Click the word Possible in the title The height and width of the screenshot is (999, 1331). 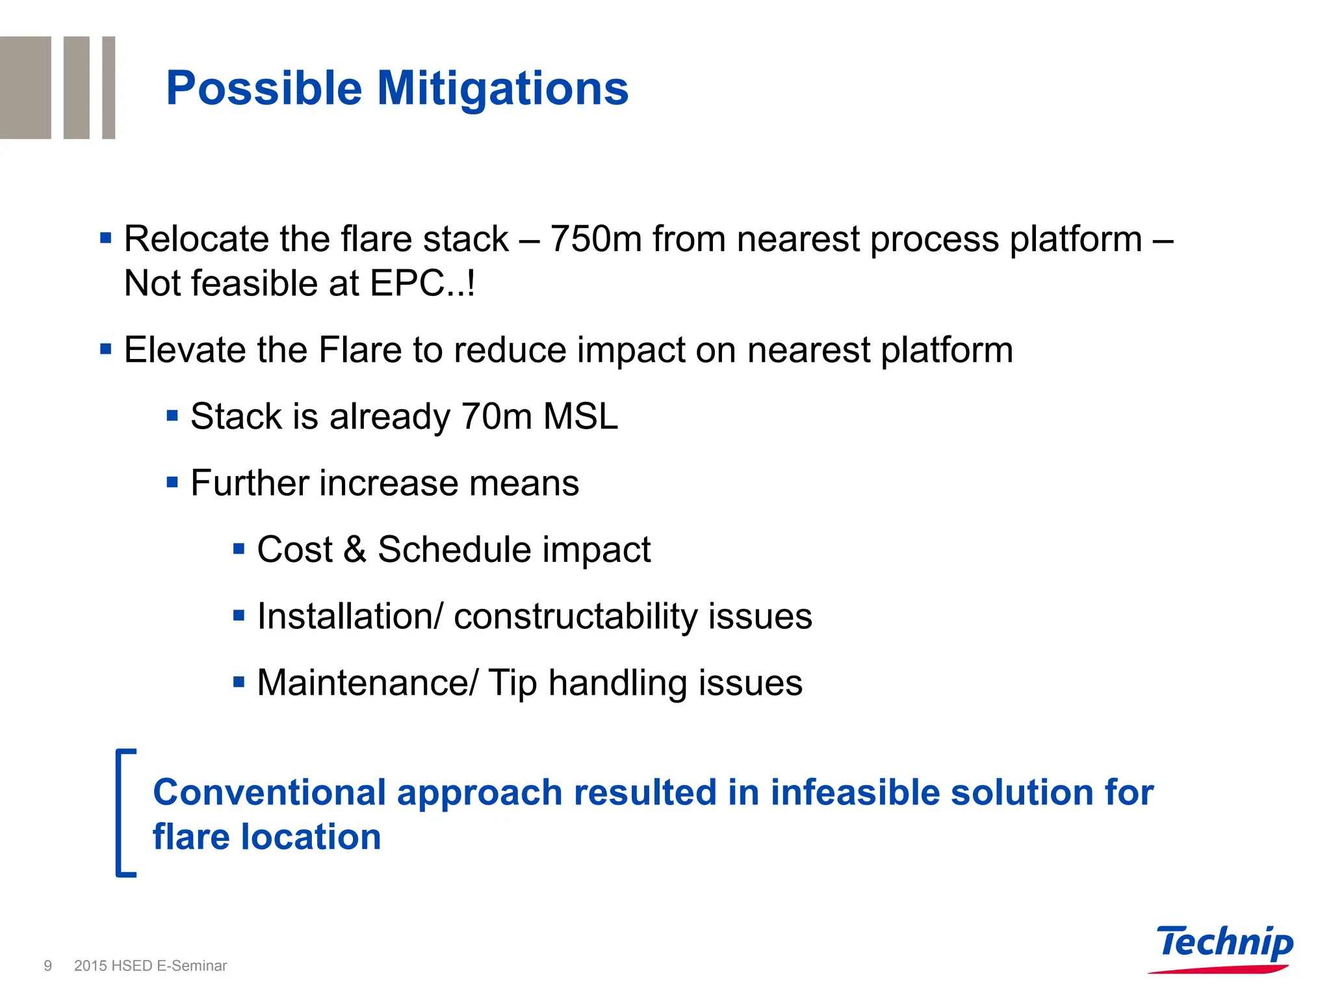click(x=263, y=88)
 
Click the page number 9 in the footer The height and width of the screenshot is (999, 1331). click(x=47, y=966)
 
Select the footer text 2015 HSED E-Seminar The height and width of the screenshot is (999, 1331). click(x=150, y=966)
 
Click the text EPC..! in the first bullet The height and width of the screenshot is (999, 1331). click(x=422, y=284)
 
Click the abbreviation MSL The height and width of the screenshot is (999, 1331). click(x=580, y=416)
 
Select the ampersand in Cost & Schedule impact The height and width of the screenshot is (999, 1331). click(x=355, y=550)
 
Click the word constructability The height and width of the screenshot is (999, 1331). click(x=575, y=617)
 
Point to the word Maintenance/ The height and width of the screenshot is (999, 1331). click(x=367, y=683)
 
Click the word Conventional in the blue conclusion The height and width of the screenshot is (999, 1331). click(x=269, y=792)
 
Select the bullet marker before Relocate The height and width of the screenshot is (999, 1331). click(x=106, y=238)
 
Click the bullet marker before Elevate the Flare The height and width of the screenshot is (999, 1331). click(x=106, y=349)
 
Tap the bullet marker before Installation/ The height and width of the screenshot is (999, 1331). click(x=239, y=615)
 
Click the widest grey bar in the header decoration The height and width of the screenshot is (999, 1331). click(x=25, y=87)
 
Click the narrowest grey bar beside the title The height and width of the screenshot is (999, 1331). click(x=109, y=87)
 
